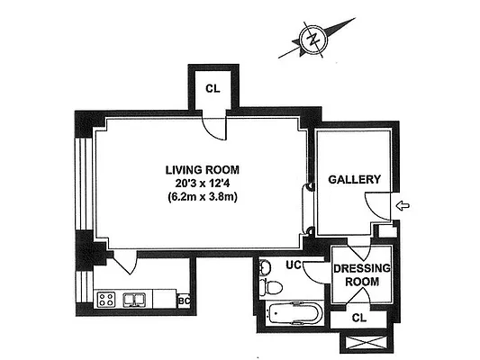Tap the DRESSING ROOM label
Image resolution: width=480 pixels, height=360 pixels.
[360, 274]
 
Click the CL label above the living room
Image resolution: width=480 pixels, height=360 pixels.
[213, 88]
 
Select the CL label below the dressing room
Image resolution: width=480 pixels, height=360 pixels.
[359, 317]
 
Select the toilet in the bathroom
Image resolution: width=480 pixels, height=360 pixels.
[274, 287]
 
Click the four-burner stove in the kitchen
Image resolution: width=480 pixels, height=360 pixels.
[107, 299]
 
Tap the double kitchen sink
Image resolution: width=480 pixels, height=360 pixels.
[138, 299]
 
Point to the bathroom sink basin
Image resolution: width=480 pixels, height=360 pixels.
[264, 267]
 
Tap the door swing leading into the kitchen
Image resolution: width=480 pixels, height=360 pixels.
[123, 264]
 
